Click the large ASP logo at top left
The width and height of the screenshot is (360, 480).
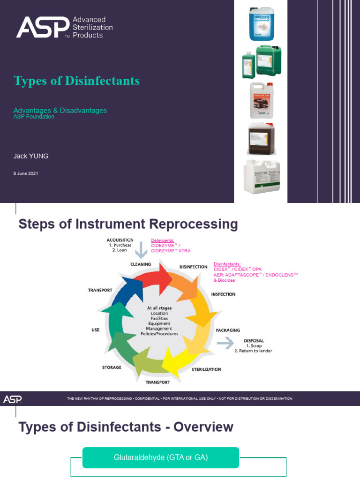click(43, 27)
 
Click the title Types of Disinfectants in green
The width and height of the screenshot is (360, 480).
click(77, 81)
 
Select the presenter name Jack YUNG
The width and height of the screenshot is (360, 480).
click(31, 156)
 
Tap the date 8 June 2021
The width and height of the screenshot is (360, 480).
click(26, 173)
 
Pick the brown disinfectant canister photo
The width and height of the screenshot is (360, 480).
click(261, 139)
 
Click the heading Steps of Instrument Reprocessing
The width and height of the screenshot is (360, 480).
click(128, 224)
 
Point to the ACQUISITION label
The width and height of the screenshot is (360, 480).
click(120, 240)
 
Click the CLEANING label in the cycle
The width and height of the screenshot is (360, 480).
click(141, 264)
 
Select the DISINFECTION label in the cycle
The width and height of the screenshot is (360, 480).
click(193, 267)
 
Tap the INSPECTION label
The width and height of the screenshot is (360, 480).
click(223, 294)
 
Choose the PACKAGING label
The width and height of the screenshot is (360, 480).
click(228, 330)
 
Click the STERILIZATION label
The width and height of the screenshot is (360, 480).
click(206, 369)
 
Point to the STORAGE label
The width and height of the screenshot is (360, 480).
click(112, 367)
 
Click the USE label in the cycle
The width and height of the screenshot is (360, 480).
click(96, 330)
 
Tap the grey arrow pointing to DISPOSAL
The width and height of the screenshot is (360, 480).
click(225, 344)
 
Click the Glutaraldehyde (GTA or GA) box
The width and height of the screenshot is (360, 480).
click(161, 457)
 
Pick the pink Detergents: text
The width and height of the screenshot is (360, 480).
click(163, 240)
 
